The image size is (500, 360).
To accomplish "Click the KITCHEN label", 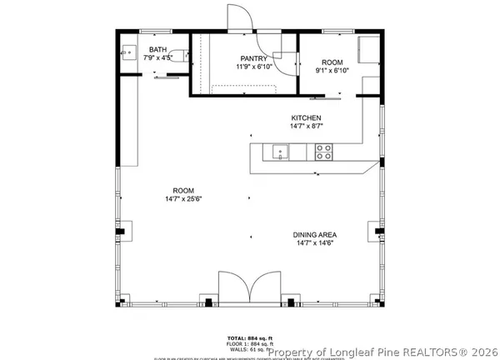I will pos(306,117).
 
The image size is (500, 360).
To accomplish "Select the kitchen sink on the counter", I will pos(279,152).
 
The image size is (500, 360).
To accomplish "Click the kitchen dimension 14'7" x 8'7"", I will pos(306,127).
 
